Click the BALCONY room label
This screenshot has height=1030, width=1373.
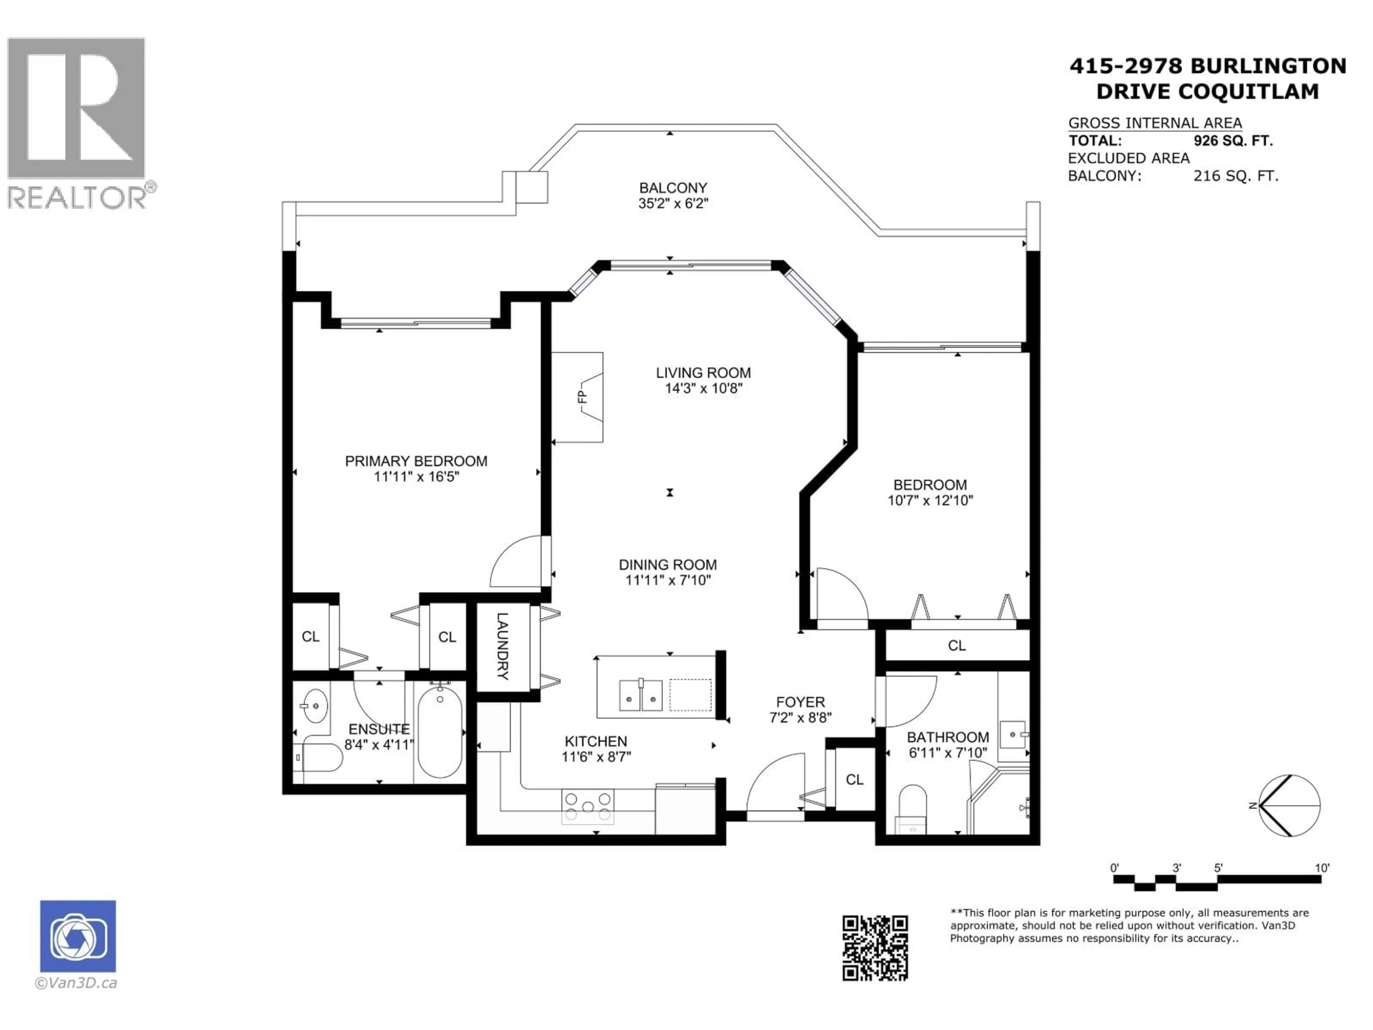coord(673,187)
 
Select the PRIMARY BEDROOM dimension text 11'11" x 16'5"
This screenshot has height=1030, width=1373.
coord(416,477)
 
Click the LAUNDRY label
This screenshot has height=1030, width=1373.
coord(503,646)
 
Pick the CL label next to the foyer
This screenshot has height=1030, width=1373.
coord(854,780)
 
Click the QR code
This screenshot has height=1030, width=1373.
coord(875,948)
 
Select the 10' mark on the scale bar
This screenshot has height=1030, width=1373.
coord(1322,868)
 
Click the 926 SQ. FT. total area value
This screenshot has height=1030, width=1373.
coord(1233,141)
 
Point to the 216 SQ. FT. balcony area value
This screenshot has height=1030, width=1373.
coord(1235,176)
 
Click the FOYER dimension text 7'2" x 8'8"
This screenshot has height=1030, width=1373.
coord(800,718)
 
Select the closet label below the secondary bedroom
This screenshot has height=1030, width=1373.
coord(956,646)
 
